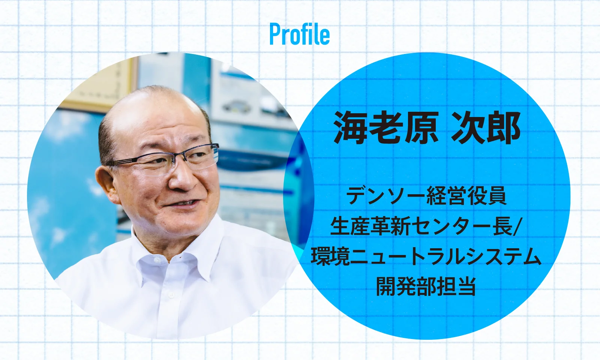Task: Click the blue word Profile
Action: [x=300, y=34]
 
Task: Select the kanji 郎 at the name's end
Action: [x=504, y=128]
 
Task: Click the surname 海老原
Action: [x=386, y=128]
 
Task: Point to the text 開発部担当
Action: [x=426, y=286]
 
